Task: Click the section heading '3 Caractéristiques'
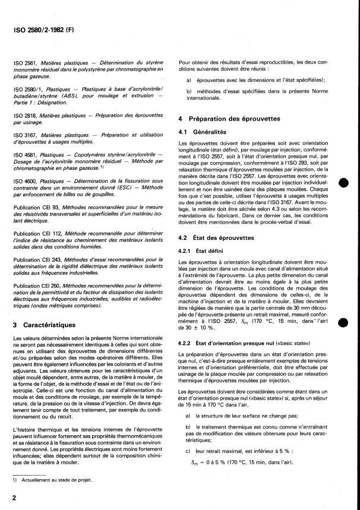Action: tap(52, 325)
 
